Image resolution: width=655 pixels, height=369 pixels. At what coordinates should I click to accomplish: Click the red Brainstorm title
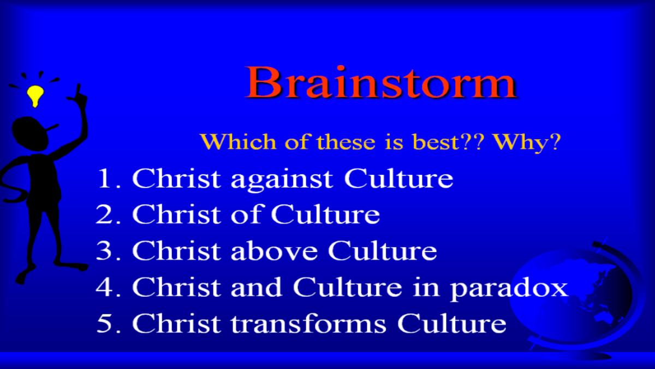click(381, 83)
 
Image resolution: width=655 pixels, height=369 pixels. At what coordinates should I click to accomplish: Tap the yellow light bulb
click(35, 96)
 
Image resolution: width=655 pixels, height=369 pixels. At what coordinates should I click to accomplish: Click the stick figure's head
click(30, 134)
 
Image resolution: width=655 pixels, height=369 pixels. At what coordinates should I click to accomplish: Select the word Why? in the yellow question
click(527, 142)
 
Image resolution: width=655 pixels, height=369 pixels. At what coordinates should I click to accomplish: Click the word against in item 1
click(282, 179)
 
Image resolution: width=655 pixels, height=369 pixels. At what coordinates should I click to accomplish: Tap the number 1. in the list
click(109, 178)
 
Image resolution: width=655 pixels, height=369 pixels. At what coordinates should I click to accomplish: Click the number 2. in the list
click(108, 214)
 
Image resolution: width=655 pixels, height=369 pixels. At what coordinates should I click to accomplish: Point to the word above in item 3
click(274, 251)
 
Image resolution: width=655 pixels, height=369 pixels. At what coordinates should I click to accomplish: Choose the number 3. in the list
click(108, 251)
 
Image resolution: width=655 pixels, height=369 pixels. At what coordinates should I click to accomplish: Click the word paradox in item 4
click(509, 289)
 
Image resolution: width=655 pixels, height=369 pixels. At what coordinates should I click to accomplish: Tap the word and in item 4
click(257, 287)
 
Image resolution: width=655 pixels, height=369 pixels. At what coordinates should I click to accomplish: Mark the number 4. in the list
click(108, 287)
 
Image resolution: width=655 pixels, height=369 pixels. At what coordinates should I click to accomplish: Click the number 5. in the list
click(108, 324)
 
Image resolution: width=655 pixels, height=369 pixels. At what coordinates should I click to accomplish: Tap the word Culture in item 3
click(383, 251)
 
